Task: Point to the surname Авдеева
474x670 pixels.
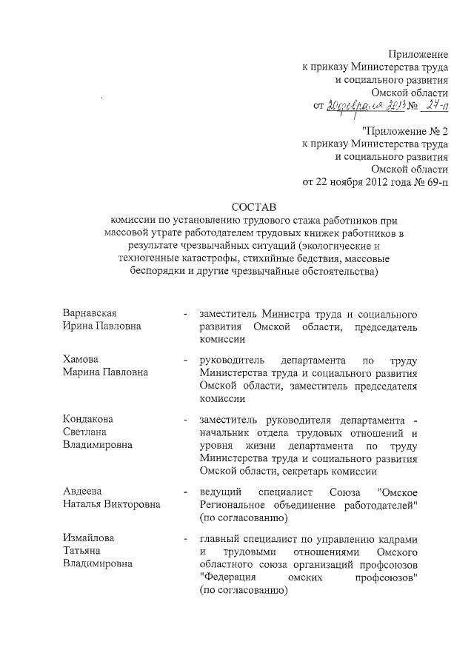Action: pos(81,491)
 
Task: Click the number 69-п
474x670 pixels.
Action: pos(436,181)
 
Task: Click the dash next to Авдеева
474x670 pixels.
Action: pos(184,492)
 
